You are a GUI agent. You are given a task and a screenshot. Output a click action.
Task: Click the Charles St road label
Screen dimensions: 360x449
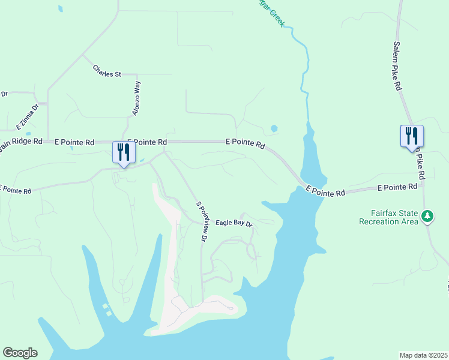[107, 71]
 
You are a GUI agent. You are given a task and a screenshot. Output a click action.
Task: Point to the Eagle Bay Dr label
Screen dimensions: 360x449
[234, 223]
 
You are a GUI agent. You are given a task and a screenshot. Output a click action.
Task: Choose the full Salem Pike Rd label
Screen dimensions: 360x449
[397, 66]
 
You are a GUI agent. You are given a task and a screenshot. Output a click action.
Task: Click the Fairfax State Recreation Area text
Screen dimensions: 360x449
[388, 218]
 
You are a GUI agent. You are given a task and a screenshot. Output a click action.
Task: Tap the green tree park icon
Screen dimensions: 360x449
[427, 215]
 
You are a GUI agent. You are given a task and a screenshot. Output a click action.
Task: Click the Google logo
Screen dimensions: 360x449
[20, 353]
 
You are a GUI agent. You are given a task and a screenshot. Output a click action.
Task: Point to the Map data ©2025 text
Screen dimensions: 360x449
[423, 355]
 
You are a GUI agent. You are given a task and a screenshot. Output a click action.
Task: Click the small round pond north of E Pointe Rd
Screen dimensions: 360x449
[274, 128]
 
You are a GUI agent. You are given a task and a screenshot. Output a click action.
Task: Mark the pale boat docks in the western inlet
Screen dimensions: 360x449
[106, 310]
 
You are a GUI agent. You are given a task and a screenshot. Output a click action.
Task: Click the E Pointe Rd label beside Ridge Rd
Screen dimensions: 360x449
[74, 142]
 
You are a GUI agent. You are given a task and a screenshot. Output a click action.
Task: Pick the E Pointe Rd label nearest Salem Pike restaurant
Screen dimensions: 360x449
[397, 188]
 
